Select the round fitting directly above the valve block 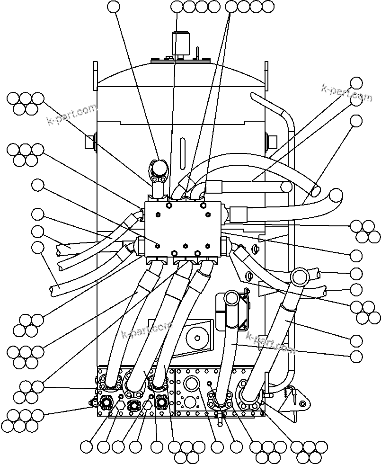pos(159,169)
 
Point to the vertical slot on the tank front pos(182,154)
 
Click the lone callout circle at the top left pos(114,7)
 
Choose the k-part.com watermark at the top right pos(346,92)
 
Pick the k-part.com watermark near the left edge pos(71,115)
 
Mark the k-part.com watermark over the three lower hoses pos(147,330)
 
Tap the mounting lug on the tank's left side pos(90,142)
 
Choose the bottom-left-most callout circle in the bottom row pos(87,446)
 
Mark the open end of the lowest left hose pos(53,288)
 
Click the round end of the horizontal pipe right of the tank pos(286,187)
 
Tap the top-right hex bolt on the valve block pos(203,205)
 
